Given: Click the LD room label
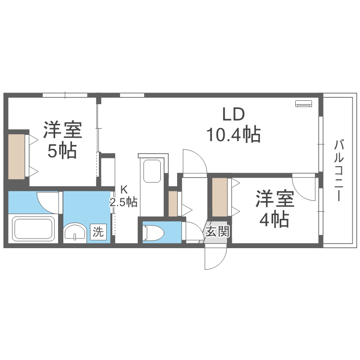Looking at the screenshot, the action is (x=233, y=114).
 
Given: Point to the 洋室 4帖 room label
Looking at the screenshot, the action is (x=275, y=208).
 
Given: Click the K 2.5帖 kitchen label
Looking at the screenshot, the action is (x=123, y=196).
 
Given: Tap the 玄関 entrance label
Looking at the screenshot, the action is (x=217, y=231).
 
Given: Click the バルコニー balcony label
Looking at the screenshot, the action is (x=339, y=170).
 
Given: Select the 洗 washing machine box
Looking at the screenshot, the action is (x=98, y=232).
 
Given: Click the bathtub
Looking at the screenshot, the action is (x=33, y=229).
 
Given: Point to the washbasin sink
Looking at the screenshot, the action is (x=75, y=233).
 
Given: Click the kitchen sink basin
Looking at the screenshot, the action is (x=152, y=171).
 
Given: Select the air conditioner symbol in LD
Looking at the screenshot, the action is (x=304, y=103).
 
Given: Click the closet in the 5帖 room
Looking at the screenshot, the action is (x=16, y=156).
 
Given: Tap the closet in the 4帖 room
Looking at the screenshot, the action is (x=220, y=197).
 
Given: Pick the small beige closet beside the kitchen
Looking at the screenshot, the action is (x=173, y=204).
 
